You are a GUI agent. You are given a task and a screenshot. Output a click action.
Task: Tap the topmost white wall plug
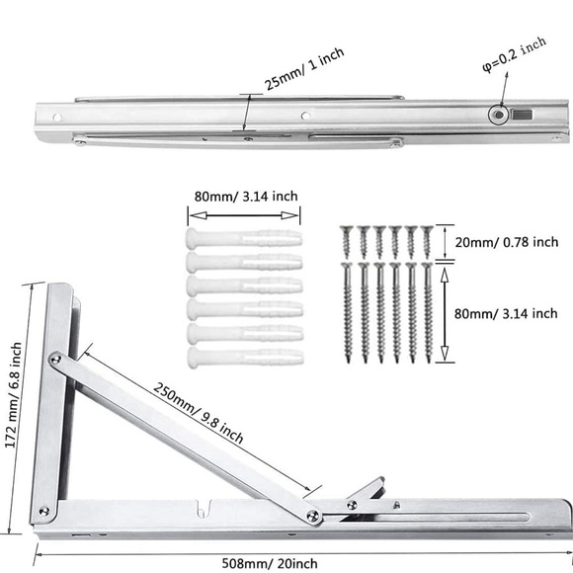pyautogui.click(x=242, y=238)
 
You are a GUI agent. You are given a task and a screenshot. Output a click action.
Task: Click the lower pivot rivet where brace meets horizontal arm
pyautogui.click(x=312, y=515)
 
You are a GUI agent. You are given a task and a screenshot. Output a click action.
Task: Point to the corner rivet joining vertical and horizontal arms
pyautogui.click(x=42, y=511)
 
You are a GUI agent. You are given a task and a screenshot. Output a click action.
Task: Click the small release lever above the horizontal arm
pyautogui.click(x=368, y=491)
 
